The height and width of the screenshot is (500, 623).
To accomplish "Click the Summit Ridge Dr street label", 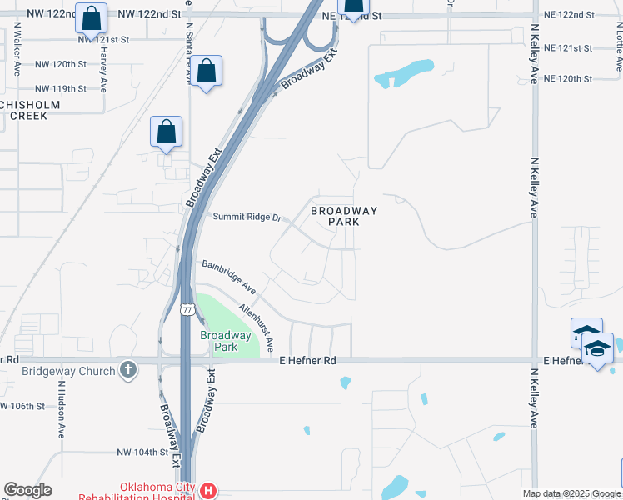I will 248,217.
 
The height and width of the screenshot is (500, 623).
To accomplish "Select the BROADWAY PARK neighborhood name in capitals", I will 344,217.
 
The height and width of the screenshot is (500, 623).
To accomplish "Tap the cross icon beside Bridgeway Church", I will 127,369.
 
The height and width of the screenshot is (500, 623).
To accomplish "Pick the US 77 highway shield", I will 187,309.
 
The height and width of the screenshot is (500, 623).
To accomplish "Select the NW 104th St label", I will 142,452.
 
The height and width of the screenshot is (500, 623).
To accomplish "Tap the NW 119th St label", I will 61,88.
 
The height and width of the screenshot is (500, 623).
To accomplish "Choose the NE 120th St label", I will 567,78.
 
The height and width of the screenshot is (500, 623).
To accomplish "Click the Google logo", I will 28,490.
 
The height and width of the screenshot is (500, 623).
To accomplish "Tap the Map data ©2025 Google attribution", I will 571,493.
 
